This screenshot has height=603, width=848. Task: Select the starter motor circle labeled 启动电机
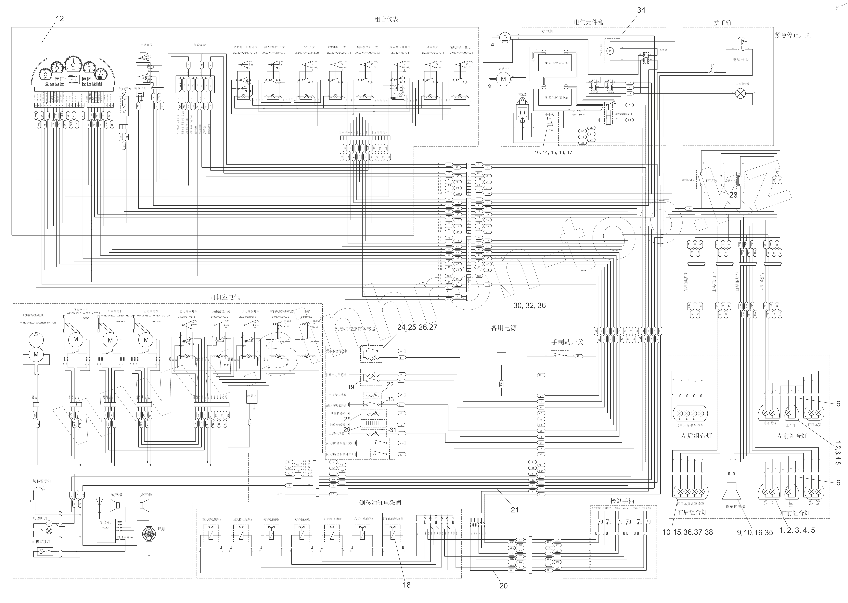503,79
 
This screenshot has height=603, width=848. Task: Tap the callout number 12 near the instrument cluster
59,19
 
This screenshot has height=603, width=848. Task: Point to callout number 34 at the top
641,10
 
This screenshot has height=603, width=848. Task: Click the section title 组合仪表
387,19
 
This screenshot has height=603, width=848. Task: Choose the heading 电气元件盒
589,22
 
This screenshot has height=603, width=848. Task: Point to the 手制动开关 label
567,342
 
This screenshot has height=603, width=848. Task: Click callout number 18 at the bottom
406,585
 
